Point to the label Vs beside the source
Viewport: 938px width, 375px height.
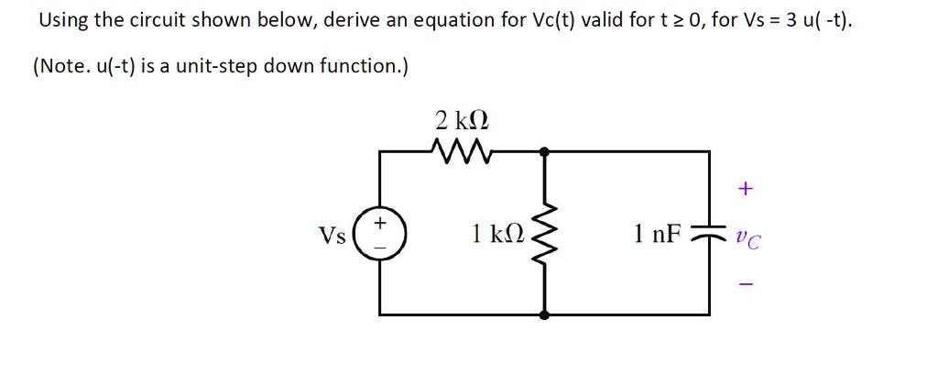pos(333,236)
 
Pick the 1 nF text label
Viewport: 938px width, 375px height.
pos(657,233)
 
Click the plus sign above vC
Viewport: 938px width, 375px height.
pos(747,189)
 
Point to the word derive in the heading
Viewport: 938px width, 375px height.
pos(351,21)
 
